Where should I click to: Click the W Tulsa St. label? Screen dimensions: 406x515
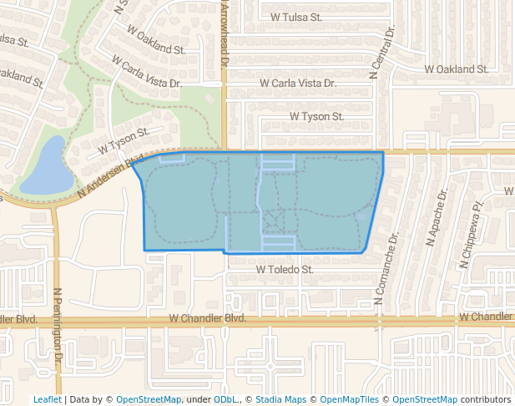coord(296,16)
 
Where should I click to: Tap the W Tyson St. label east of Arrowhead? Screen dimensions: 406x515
coord(316,117)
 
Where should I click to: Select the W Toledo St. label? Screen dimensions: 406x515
coord(285,270)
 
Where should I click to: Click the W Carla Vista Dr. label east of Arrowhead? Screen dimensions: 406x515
coord(297,84)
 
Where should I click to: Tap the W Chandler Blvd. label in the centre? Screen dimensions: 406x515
coord(208,318)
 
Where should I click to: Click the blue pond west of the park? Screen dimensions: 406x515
coord(46,168)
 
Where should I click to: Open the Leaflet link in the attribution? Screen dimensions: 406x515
coord(47,399)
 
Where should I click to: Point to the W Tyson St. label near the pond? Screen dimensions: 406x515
coord(123,140)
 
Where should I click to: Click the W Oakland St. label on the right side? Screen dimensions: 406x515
coord(457,69)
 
